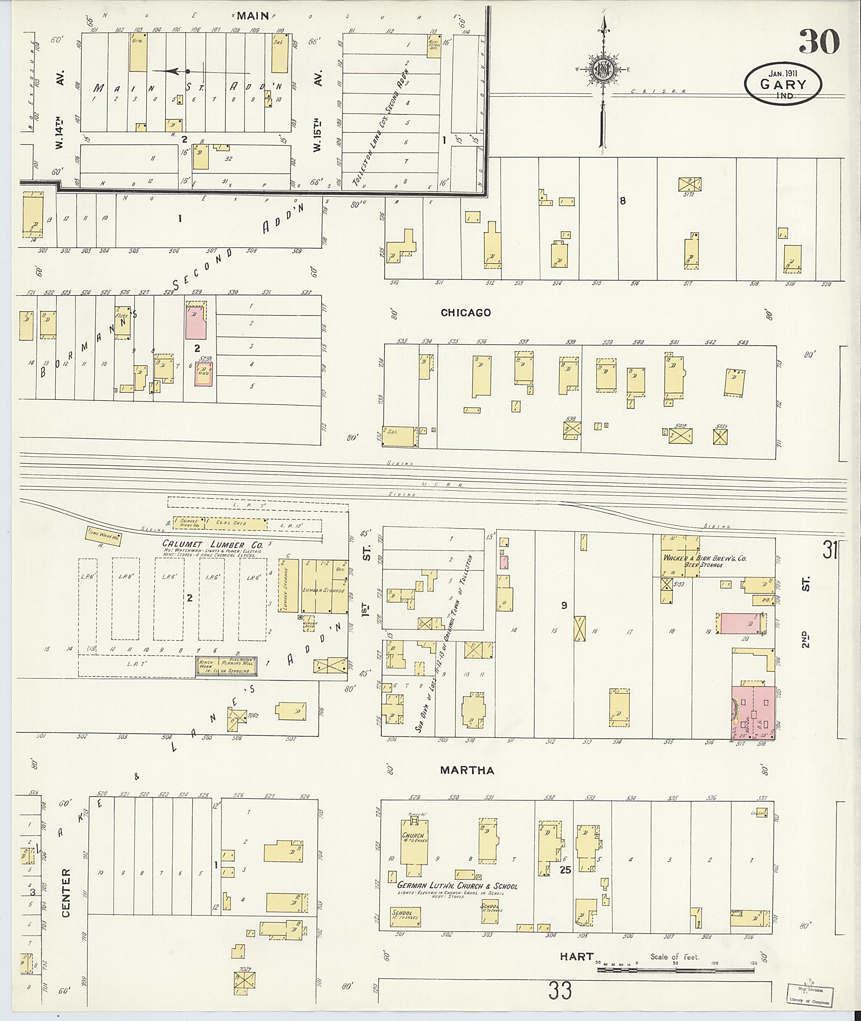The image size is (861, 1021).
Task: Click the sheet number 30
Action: point(819,42)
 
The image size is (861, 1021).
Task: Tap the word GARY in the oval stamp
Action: point(782,84)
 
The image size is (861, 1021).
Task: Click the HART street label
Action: point(576,956)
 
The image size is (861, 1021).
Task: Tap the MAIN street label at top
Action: point(254,16)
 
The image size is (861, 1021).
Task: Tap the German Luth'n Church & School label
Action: point(457,886)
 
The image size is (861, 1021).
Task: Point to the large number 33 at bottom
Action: point(560,991)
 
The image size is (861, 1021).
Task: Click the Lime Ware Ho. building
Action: point(103,536)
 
